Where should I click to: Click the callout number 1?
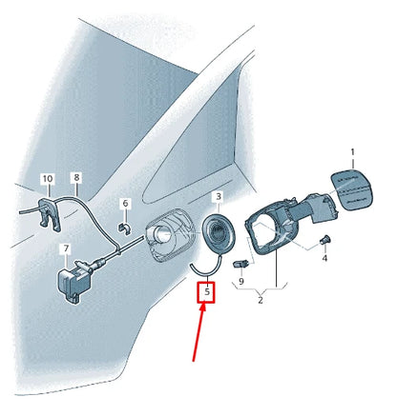351,152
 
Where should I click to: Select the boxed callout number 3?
218,196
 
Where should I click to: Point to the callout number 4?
324,258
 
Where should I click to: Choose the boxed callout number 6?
124,204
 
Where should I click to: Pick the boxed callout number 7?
66,249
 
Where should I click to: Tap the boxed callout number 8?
76,177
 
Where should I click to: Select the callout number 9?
241,282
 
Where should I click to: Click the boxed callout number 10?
47,178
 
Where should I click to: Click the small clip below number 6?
124,226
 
